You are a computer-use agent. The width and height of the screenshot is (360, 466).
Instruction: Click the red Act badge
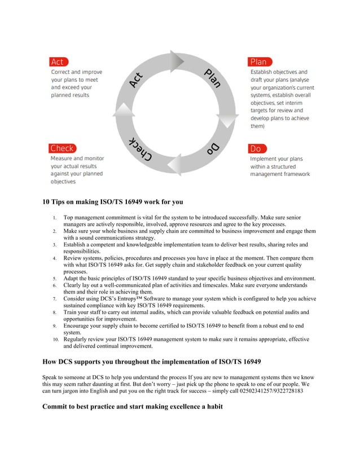58,61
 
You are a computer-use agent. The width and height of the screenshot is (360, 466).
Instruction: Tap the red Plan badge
260,61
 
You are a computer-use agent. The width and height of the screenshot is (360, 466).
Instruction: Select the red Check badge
62,148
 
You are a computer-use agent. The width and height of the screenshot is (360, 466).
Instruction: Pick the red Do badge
256,149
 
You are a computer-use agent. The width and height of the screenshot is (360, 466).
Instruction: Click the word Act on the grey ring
137,81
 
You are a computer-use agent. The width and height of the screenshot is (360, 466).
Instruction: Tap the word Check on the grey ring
139,151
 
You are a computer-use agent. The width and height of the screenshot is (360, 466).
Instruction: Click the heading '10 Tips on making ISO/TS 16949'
113,201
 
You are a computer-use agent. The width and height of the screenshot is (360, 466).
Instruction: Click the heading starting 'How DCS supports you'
152,361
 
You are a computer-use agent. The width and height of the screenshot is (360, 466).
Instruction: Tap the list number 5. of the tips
55,279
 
